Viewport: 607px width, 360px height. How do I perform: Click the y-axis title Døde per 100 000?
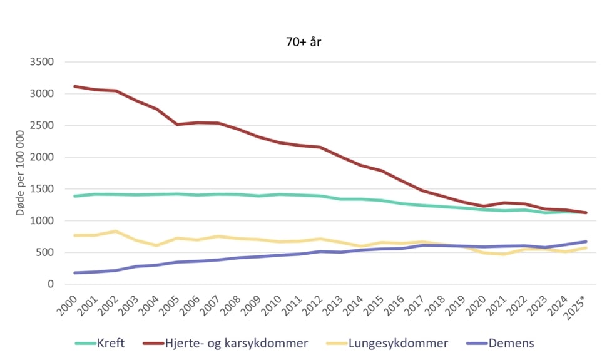pos(21,173)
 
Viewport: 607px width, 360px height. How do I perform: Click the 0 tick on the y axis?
pos(51,285)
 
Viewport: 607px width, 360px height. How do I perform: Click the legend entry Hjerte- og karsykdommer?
pos(225,343)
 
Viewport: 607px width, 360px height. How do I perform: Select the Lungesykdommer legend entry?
pos(388,343)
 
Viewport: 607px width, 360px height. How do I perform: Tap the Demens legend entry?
pos(501,343)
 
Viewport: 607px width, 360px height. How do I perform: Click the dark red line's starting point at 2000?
pos(75,86)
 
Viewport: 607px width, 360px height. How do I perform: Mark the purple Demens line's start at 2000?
pos(75,273)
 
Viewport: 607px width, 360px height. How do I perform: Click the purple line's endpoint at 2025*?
pos(586,242)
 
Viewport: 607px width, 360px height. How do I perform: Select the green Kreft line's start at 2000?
pos(75,196)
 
